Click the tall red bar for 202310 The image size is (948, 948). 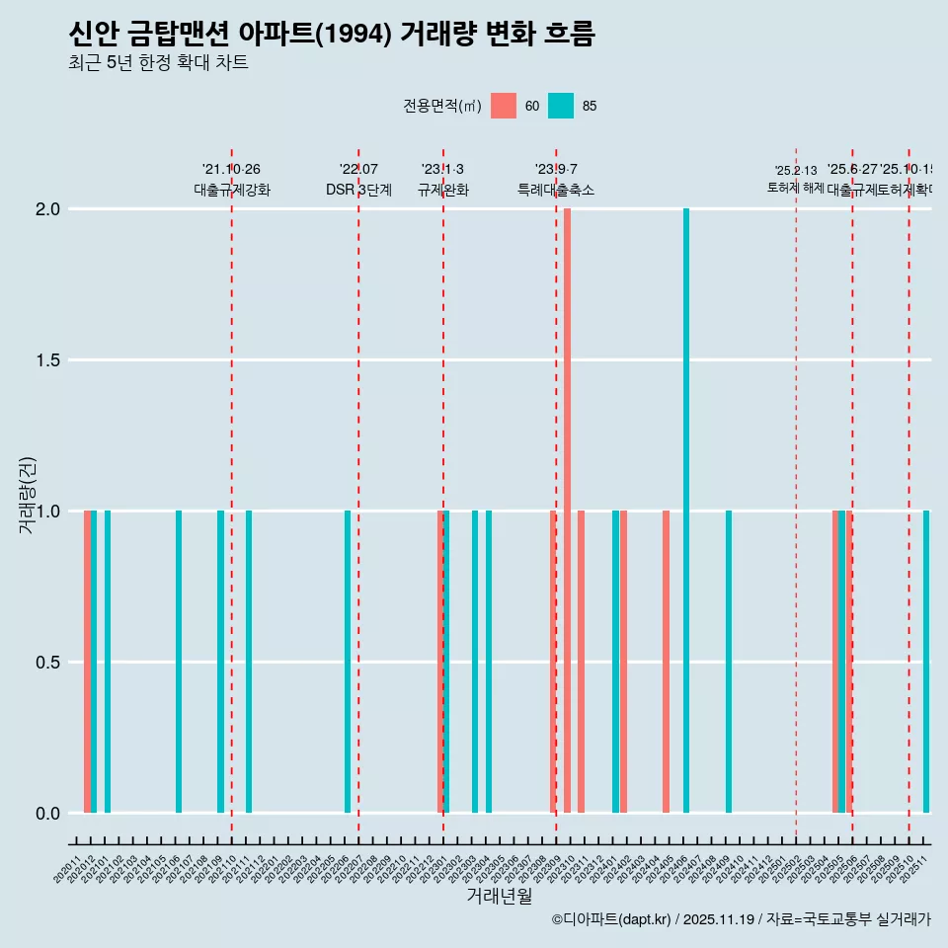(567, 511)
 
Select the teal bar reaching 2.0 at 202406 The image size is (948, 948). (686, 511)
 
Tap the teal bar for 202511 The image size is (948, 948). (926, 662)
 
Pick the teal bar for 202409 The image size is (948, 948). (729, 662)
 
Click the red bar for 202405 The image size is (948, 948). (666, 662)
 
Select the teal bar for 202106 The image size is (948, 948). (179, 662)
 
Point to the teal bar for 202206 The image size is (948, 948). (348, 662)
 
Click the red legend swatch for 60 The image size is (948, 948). (504, 106)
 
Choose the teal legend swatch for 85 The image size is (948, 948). (561, 106)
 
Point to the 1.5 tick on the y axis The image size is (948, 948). (48, 360)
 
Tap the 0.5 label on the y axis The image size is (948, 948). (48, 663)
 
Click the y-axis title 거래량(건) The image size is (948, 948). (28, 495)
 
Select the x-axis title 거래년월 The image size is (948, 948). (499, 896)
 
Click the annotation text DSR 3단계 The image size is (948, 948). (358, 190)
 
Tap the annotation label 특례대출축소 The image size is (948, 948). (556, 190)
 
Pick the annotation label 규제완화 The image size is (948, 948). (442, 190)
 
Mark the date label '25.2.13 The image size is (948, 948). (795, 171)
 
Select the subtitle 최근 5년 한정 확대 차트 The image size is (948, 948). (158, 63)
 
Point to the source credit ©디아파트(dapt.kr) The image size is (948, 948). (741, 919)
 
